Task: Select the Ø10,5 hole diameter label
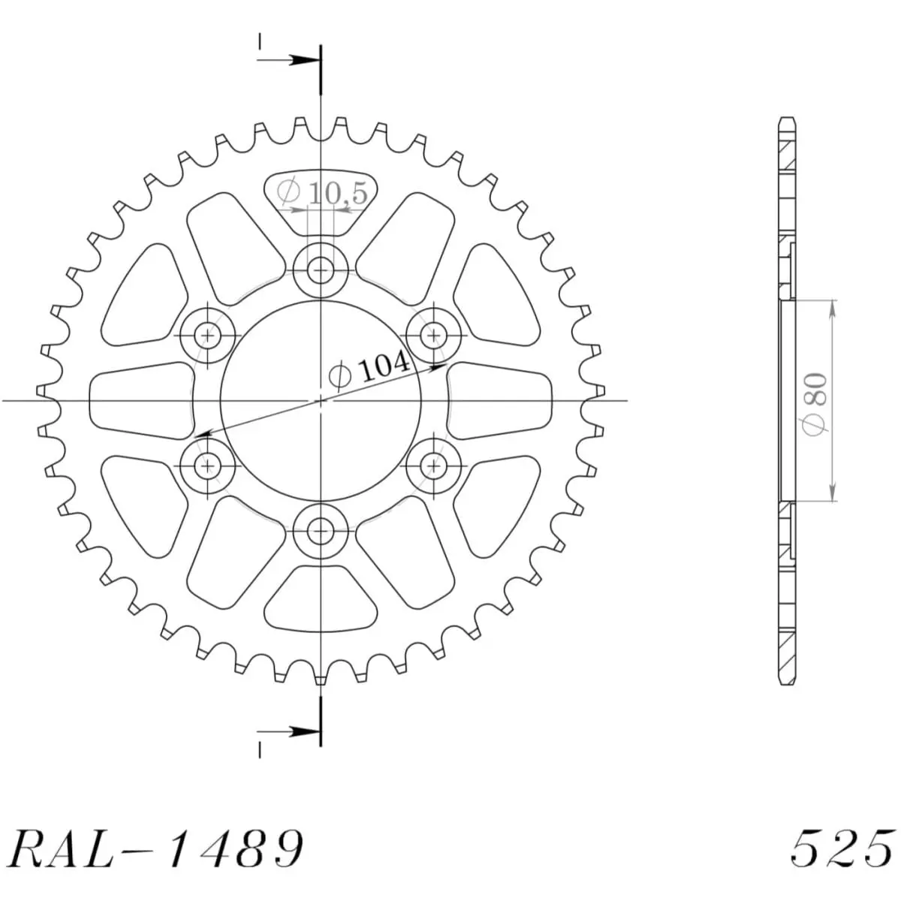[x=323, y=194]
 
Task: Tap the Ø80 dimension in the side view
[x=816, y=401]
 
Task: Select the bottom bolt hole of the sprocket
[x=321, y=531]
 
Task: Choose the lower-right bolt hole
[x=433, y=466]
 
